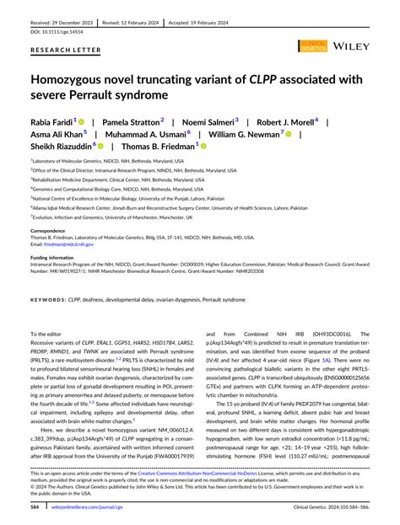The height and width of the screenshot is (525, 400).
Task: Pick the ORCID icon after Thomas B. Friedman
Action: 203,145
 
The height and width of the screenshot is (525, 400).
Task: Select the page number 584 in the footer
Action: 37,508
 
